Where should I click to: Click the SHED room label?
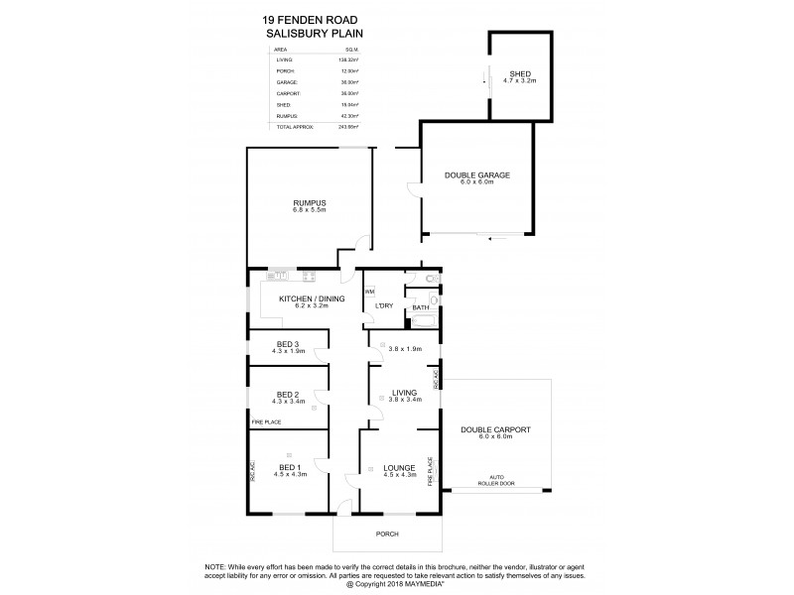point(520,74)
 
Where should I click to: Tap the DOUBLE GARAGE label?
point(476,175)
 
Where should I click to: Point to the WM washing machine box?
point(369,292)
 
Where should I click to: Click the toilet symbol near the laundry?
point(429,281)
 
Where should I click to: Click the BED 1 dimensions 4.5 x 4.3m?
point(289,475)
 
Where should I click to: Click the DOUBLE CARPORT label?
point(496,429)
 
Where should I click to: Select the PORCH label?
point(387,534)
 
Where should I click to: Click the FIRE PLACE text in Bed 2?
point(264,421)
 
